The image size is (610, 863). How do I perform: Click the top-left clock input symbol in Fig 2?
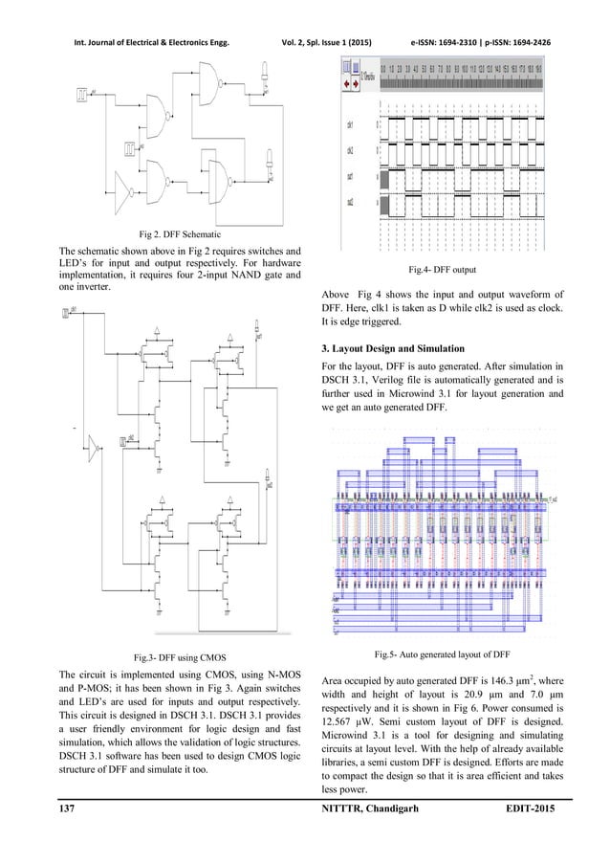coord(83,93)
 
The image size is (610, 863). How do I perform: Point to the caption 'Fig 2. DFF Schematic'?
coord(179,233)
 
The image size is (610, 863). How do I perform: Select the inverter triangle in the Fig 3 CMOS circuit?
coord(94,443)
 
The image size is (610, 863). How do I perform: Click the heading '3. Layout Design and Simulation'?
coord(400,346)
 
